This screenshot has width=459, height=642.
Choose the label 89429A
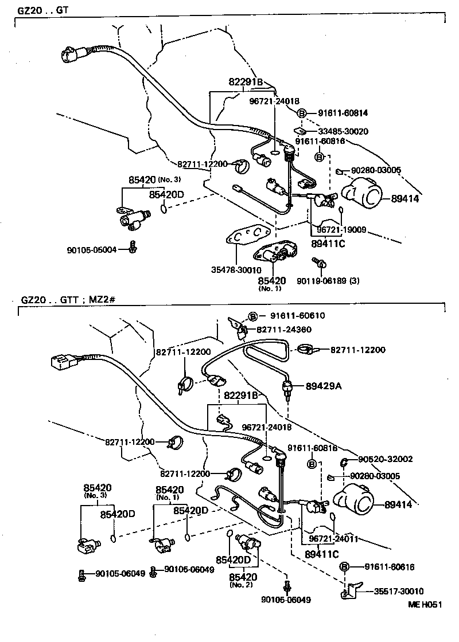click(x=323, y=386)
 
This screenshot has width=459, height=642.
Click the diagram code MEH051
click(x=426, y=604)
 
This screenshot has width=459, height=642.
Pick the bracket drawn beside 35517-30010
click(x=351, y=589)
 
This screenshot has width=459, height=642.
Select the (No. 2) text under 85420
click(x=240, y=585)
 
